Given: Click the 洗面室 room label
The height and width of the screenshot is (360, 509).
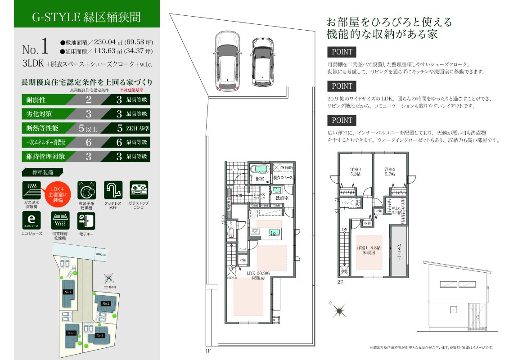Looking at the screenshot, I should click(282, 198).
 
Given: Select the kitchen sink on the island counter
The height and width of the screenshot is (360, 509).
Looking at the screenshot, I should click(254, 232).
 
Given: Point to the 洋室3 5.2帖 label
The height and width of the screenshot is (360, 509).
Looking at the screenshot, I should click(356, 171).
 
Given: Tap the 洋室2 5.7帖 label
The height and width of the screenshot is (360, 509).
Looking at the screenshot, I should click(390, 171).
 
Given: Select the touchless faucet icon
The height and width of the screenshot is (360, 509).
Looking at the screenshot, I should click(113, 190).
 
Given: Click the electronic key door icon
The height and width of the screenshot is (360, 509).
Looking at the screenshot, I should click(86, 220).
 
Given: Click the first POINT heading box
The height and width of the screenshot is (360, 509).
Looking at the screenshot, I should click(342, 52).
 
